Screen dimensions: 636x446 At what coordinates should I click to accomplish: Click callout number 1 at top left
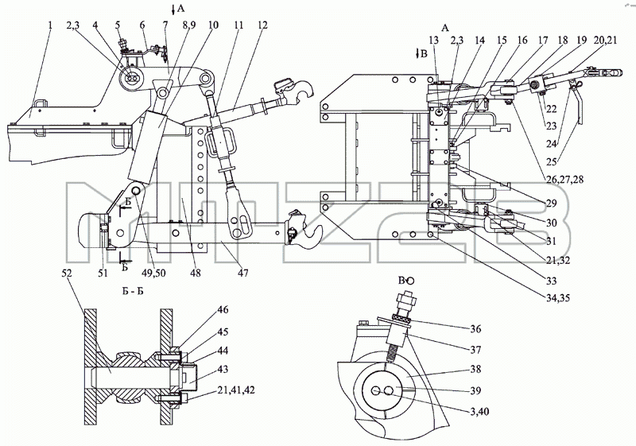coord(50,25)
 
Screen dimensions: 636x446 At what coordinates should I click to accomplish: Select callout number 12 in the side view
coord(262,25)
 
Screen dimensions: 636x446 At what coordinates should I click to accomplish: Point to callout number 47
coord(243,273)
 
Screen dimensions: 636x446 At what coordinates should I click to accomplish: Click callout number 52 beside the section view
coord(67,273)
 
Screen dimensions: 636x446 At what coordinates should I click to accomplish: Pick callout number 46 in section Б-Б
coord(223,310)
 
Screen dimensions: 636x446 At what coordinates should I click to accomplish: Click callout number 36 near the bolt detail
coord(475,328)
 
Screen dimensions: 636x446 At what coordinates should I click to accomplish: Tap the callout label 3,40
coord(476,412)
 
